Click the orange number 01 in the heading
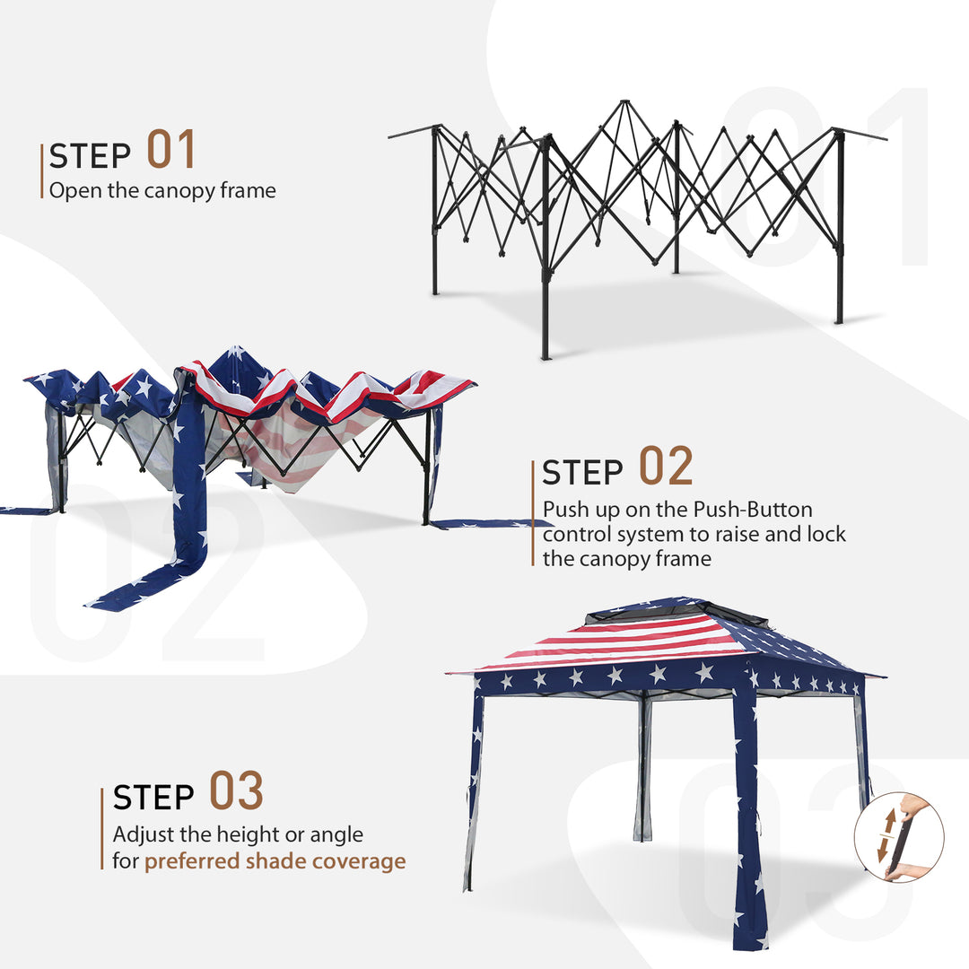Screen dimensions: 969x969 coord(170,150)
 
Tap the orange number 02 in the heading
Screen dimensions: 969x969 coord(666,467)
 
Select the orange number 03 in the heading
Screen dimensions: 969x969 coord(236,791)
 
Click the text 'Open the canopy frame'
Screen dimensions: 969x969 coord(162,190)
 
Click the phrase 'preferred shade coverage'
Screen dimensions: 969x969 coord(275,861)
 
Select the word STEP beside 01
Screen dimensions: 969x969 coord(90,156)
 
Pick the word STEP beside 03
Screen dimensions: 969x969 coord(153,798)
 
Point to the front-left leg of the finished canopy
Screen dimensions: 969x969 coord(473,790)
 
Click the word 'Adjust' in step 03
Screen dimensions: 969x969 coord(140,834)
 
